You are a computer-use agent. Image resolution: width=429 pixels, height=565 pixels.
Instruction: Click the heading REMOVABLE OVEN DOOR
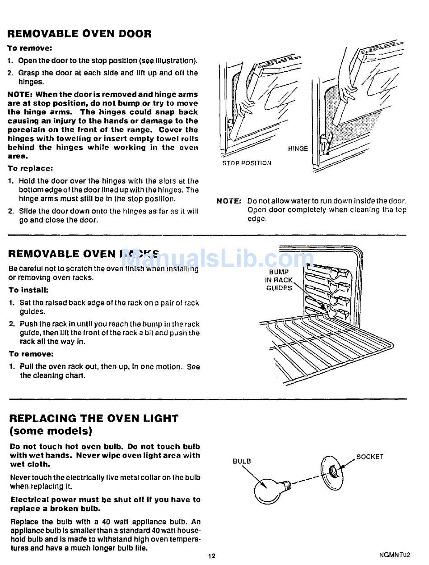(x=79, y=34)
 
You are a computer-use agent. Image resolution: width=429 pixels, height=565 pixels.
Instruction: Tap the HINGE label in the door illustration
(x=298, y=148)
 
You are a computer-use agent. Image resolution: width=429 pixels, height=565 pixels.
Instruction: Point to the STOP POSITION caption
(x=247, y=163)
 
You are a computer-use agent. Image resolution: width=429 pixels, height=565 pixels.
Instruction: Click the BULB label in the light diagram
(x=242, y=461)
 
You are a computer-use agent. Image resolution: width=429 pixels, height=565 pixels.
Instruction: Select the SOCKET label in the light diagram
(x=370, y=457)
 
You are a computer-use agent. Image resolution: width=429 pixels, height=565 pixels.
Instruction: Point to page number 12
(x=212, y=556)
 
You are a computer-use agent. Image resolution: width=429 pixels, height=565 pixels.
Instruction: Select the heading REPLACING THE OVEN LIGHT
(x=93, y=418)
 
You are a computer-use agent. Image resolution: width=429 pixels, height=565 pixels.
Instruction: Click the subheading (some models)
(x=51, y=431)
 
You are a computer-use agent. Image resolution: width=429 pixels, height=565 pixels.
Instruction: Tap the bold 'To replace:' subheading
(x=30, y=168)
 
